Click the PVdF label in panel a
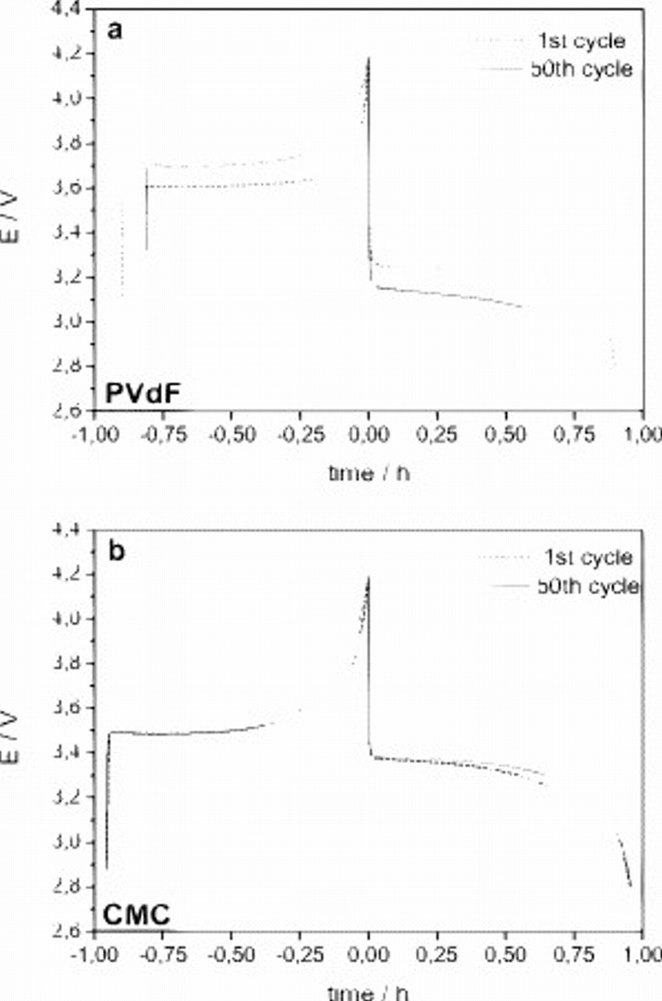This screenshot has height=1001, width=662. tap(143, 394)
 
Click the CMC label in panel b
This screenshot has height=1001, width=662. tap(136, 914)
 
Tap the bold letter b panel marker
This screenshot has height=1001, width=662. tap(117, 551)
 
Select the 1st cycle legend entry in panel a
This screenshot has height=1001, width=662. tap(581, 41)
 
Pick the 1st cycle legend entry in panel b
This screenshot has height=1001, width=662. tap(588, 557)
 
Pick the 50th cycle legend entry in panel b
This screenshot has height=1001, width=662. tap(588, 586)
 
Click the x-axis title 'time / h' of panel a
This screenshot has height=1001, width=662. tap(369, 473)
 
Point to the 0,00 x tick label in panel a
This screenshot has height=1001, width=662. tap(368, 434)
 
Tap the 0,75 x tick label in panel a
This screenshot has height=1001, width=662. tap(574, 434)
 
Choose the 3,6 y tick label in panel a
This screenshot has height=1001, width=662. tap(67, 188)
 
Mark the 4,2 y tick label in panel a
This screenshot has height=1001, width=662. tap(67, 53)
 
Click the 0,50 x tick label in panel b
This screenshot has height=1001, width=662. tap(505, 955)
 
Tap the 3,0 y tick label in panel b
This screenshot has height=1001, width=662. tap(67, 842)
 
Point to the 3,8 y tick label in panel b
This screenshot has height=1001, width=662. tap(67, 663)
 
